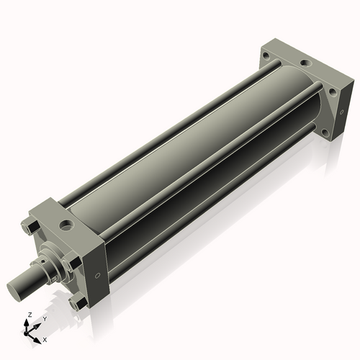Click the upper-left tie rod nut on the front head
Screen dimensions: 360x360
click(x=30, y=228)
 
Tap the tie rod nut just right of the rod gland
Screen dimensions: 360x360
click(x=68, y=267)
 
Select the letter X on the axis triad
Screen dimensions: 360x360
click(x=45, y=338)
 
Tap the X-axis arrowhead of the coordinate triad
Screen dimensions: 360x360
click(x=37, y=336)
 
